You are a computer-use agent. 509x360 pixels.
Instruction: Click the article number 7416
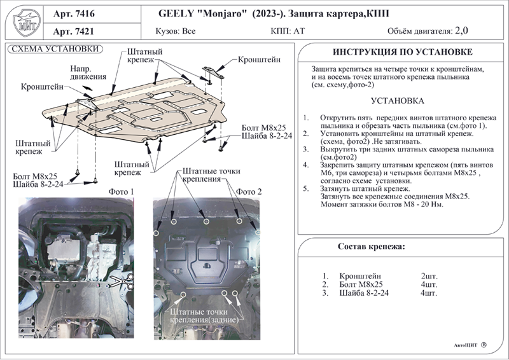pos(85,13)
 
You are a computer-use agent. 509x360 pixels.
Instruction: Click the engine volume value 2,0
pos(461,31)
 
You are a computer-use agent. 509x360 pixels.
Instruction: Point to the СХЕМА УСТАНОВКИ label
pos(55,49)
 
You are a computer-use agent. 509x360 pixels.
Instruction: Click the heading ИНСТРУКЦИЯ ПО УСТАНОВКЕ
pos(403,52)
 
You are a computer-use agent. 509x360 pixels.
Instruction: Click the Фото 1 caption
pos(121,192)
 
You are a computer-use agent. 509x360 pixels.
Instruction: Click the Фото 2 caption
pos(249,192)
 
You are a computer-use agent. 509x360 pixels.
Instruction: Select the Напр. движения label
pos(88,73)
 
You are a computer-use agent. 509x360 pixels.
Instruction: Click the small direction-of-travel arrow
pos(87,88)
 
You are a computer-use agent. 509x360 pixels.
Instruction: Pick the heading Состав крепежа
pos(372,247)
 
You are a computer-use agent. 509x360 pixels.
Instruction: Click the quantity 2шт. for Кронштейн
pos(429,276)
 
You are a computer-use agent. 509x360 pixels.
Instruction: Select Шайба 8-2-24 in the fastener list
pos(364,293)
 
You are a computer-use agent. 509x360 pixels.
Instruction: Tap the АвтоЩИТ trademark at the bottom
pos(466,345)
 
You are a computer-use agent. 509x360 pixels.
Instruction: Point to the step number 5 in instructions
pos(306,189)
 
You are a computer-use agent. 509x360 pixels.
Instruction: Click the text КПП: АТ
pos(288,31)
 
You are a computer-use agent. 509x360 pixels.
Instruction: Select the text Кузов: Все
pos(176,31)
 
